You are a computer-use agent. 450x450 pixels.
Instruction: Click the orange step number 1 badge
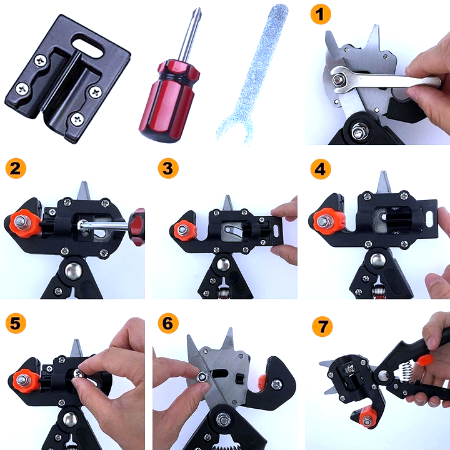tap(321, 14)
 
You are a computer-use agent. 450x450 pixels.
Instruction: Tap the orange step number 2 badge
tap(16, 168)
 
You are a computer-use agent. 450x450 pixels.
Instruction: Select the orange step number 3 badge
tap(168, 168)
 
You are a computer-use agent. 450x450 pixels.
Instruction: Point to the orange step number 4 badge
tap(321, 169)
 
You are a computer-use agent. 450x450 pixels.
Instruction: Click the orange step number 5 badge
tap(16, 323)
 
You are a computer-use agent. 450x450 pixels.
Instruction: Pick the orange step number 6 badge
tap(168, 323)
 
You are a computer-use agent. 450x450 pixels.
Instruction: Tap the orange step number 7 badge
tap(322, 326)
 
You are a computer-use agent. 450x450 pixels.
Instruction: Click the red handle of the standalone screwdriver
tap(169, 101)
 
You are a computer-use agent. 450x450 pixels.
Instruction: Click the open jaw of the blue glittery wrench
tap(236, 130)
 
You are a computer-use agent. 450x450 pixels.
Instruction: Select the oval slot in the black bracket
tap(87, 46)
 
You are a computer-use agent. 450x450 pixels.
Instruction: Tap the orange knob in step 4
tap(328, 221)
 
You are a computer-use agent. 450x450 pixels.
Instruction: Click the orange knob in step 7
tap(367, 417)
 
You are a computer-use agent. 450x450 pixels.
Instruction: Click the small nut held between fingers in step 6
tap(202, 376)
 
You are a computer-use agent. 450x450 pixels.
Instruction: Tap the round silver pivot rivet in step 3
tap(223, 264)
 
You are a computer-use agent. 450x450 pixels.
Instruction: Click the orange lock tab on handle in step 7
tap(426, 360)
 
